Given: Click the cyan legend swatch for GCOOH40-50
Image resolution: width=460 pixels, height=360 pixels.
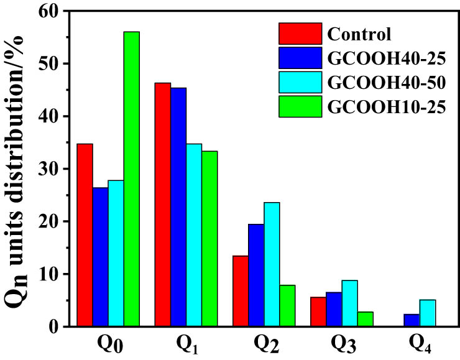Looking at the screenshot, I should click(x=300, y=82).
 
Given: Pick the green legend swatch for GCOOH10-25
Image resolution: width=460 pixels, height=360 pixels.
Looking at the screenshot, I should click(x=300, y=106).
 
